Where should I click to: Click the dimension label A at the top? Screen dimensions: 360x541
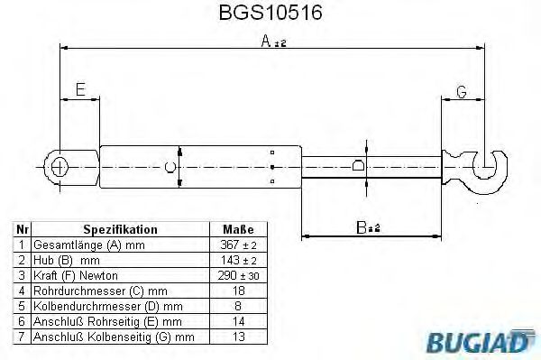[265, 41]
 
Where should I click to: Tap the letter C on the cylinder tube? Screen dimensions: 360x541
[169, 166]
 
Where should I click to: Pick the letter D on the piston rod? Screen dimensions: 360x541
[358, 166]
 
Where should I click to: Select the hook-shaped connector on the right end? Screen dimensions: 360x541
[488, 168]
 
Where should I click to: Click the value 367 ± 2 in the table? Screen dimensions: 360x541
[238, 245]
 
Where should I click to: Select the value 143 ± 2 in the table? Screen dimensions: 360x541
[238, 260]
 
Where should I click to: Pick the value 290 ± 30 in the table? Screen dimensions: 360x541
[238, 275]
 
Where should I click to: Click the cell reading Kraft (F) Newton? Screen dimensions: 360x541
[76, 275]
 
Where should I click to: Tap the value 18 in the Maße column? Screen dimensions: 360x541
[238, 291]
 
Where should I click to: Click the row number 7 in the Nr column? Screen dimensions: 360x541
[21, 337]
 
